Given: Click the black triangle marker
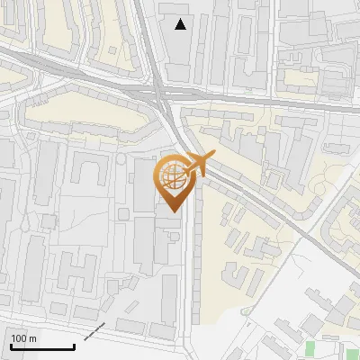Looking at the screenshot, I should click(x=181, y=24).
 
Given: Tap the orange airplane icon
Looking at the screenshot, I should click(x=198, y=165).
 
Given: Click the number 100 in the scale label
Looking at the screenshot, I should click(x=21, y=338).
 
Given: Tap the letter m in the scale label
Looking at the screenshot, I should click(x=33, y=338).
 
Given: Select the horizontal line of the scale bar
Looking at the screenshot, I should click(x=42, y=347).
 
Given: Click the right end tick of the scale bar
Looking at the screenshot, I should click(x=74, y=345).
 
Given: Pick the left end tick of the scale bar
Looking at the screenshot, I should click(x=11, y=345).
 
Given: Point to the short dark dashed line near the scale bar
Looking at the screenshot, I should click(x=94, y=331).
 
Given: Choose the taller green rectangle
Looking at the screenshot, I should click(x=311, y=349).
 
